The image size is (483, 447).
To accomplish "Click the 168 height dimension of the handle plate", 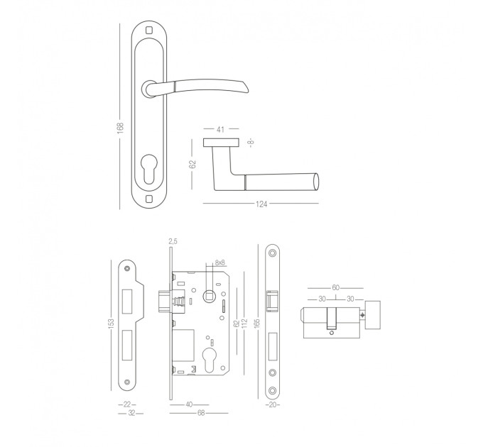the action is (x=120, y=128).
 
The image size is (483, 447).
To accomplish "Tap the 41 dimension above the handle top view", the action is (x=220, y=130).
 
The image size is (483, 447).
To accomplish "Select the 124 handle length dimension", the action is (x=261, y=204).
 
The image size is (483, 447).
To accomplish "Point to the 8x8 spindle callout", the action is (x=220, y=263).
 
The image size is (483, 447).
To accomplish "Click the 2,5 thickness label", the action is (x=173, y=241).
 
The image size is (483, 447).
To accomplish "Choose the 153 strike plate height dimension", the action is (x=112, y=323).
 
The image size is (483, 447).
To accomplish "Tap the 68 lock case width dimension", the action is (x=201, y=413).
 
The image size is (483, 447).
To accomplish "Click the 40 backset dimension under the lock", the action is (x=189, y=404).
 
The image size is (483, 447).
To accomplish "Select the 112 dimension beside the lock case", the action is (x=244, y=323).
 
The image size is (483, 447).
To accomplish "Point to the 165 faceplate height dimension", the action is (x=258, y=323).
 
